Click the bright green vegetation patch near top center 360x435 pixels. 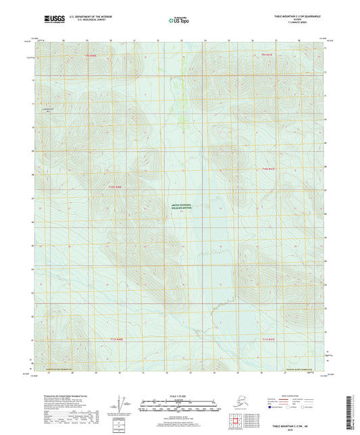pyautogui.click(x=181, y=120)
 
